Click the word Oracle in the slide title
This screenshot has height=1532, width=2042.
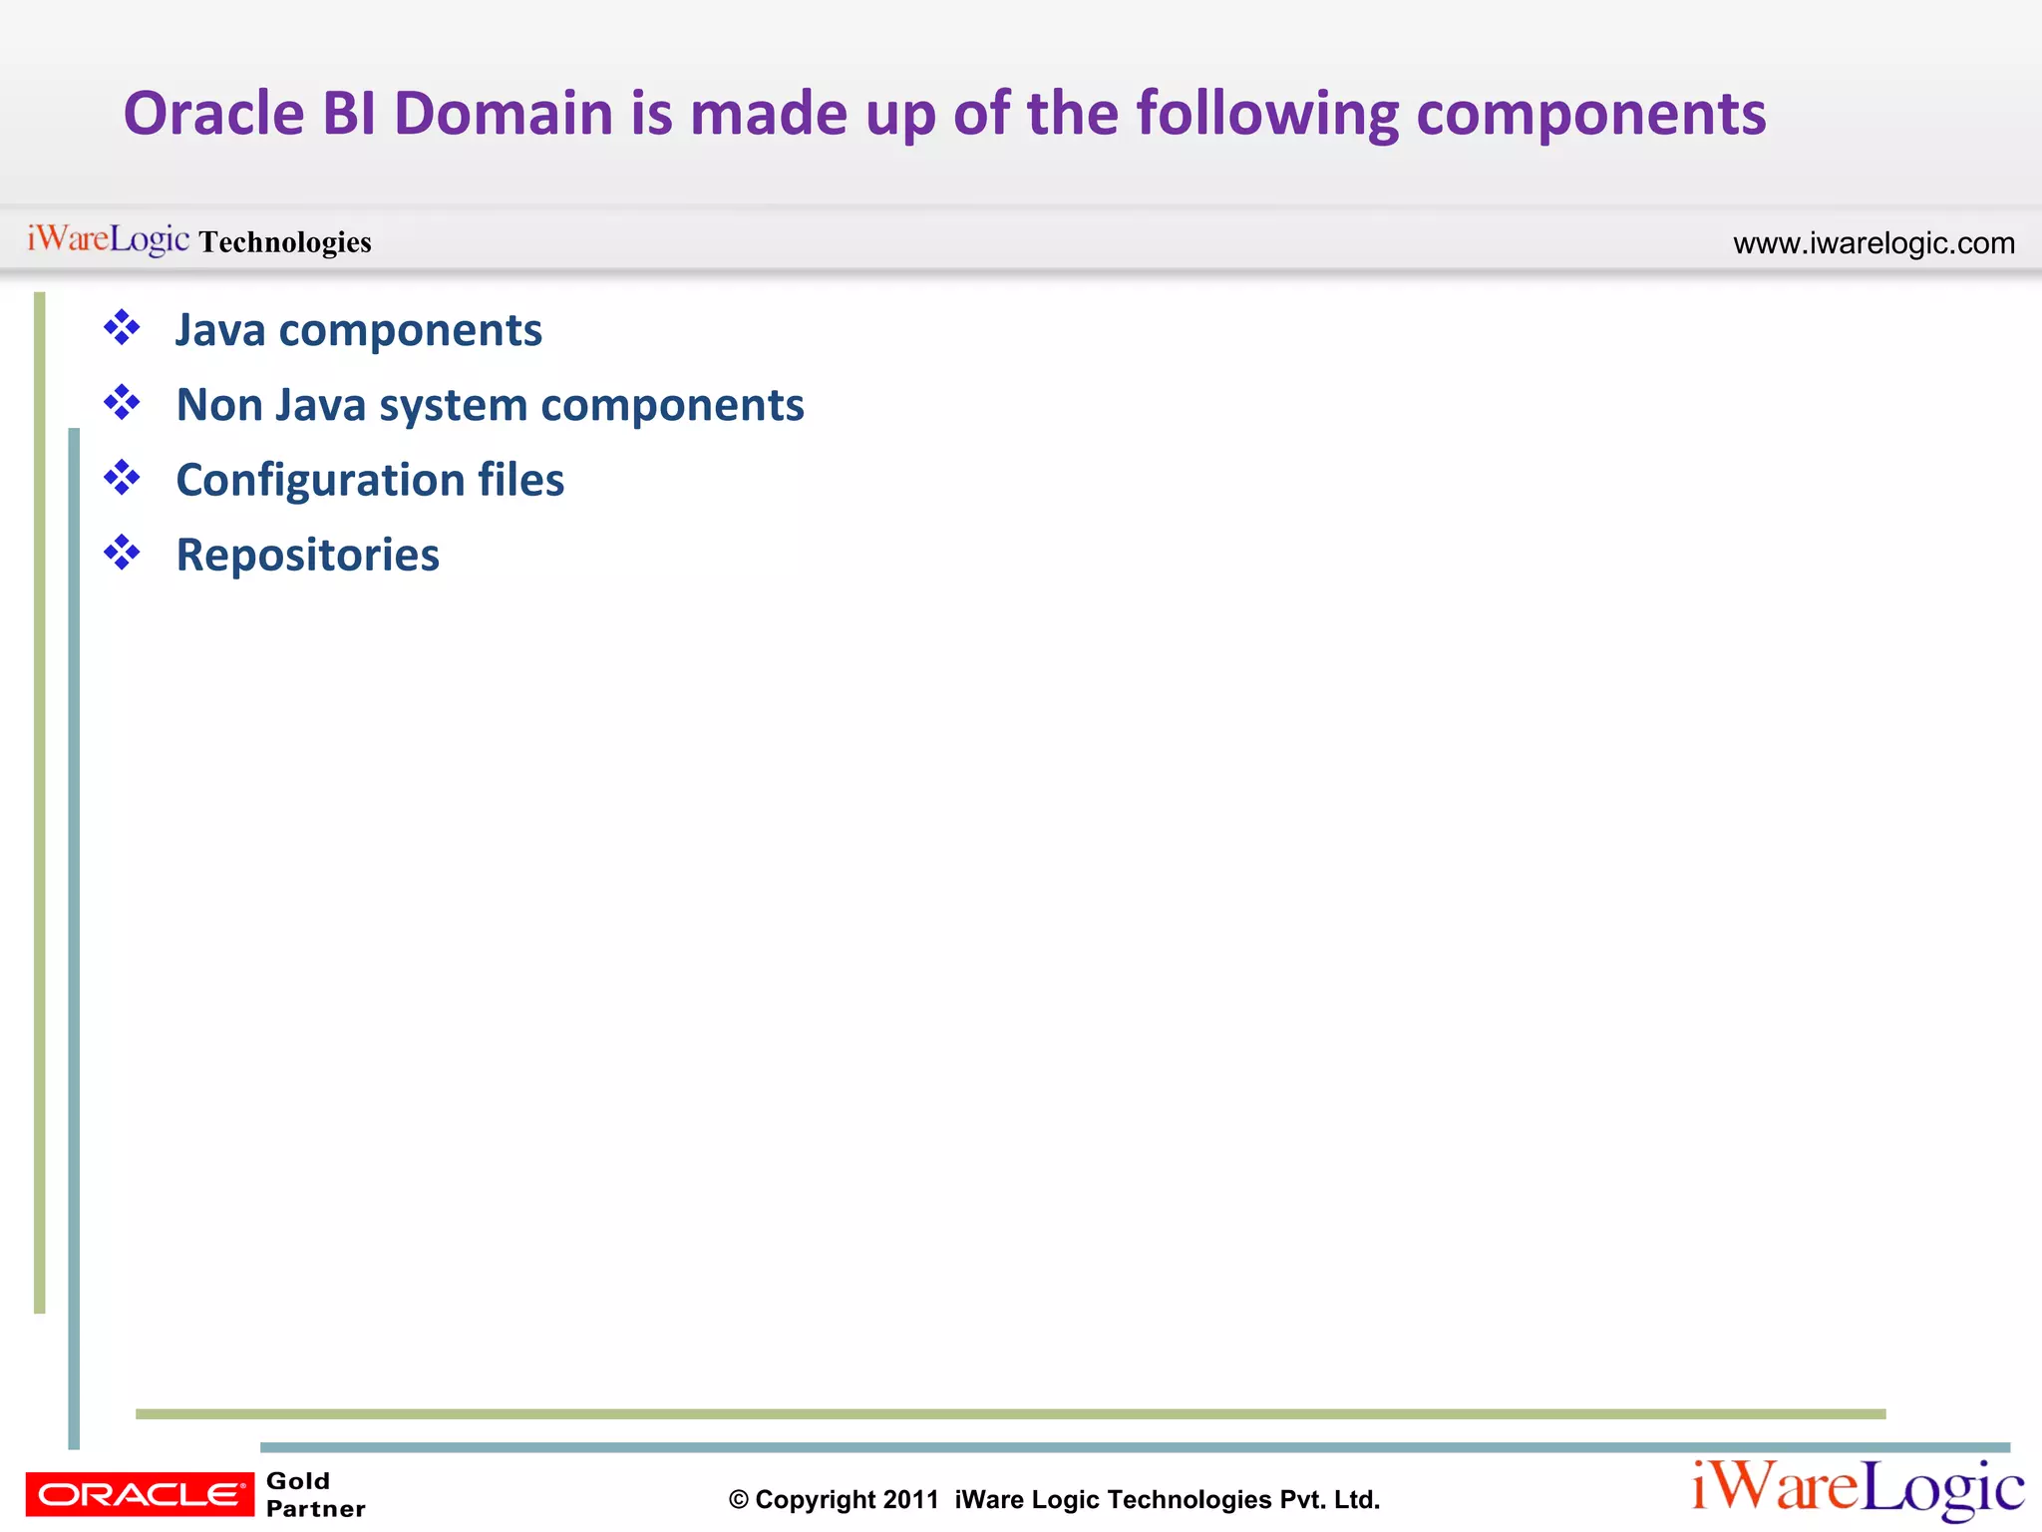[x=213, y=114]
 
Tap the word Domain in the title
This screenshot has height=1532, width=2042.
[x=504, y=114]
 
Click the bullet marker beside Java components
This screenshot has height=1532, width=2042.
[x=122, y=328]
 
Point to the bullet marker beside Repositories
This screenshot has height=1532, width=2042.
[x=122, y=553]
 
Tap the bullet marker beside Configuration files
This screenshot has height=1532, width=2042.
[x=122, y=478]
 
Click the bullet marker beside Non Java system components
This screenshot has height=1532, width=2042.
[x=122, y=403]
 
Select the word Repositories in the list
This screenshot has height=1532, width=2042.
[x=307, y=556]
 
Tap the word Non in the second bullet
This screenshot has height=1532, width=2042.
[x=218, y=405]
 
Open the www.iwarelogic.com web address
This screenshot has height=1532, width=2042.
[x=1873, y=243]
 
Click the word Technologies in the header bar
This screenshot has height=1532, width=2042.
[x=285, y=242]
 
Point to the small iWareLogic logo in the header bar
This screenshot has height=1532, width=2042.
[x=108, y=239]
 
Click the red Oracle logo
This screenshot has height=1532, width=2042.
[x=140, y=1494]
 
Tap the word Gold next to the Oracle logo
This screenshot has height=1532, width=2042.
[x=298, y=1481]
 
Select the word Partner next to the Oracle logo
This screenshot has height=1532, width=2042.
[x=316, y=1509]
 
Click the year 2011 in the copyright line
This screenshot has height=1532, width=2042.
[x=910, y=1499]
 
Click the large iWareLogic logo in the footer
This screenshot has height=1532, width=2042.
[x=1858, y=1489]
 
